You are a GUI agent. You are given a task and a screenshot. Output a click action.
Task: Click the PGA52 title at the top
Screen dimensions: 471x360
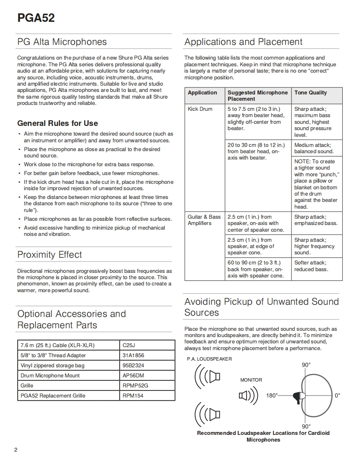(36, 18)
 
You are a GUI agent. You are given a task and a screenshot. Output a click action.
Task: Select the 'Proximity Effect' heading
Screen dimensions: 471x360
(50, 255)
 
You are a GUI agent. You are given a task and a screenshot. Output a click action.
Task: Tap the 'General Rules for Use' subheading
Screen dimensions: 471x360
(58, 123)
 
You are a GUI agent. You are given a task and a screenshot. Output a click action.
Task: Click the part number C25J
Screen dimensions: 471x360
(128, 345)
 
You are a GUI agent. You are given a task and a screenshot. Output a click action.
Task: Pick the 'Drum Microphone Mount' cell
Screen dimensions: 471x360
(50, 376)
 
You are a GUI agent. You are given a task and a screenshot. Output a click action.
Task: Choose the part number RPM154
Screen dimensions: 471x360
(133, 395)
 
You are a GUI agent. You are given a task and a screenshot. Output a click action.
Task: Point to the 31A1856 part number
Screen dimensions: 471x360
(133, 356)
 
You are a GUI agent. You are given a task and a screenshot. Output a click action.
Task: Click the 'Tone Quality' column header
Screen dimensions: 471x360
(310, 93)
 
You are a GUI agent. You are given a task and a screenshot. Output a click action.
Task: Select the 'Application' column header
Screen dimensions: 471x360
(202, 93)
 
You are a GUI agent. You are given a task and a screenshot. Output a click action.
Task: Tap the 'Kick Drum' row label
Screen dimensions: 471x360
(200, 109)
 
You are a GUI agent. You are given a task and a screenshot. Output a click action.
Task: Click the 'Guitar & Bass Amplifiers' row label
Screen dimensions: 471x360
(204, 220)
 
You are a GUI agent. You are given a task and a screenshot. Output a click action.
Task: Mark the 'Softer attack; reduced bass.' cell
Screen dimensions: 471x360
(311, 266)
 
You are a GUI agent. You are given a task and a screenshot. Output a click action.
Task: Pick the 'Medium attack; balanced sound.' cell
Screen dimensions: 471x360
(314, 148)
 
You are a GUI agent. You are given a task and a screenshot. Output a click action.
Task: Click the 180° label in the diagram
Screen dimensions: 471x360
(272, 395)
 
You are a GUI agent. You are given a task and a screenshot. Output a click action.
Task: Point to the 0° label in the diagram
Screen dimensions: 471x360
(337, 395)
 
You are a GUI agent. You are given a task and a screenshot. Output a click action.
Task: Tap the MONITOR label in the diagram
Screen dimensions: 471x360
(251, 380)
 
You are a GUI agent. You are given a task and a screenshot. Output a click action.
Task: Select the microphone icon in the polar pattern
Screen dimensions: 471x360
(299, 396)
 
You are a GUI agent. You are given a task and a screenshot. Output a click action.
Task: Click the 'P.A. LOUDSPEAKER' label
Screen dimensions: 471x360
(209, 359)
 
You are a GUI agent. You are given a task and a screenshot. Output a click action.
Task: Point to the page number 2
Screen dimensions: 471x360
(16, 450)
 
